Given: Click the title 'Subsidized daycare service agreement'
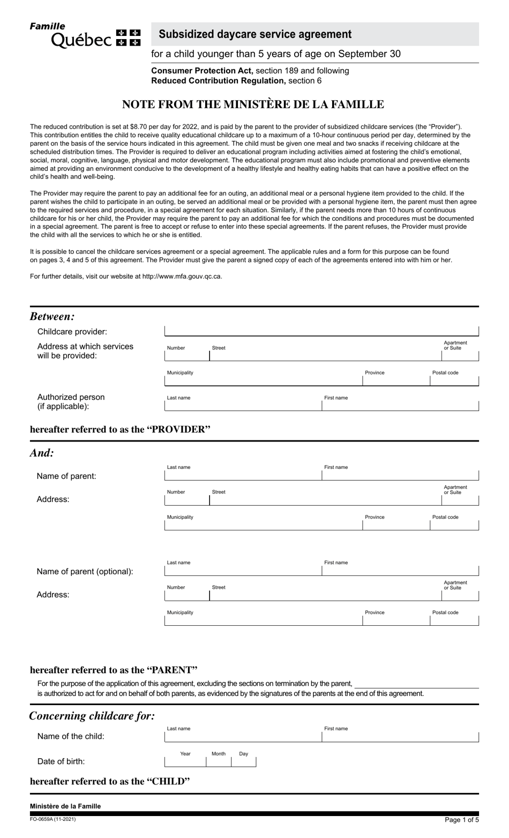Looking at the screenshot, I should [255, 34].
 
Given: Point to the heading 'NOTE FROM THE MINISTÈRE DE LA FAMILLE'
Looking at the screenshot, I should [253, 104].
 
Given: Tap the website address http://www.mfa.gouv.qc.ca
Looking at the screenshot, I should [182, 276].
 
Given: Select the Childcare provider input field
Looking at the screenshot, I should [321, 331].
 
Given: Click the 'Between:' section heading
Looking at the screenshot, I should [53, 316].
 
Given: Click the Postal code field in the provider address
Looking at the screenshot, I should [454, 380].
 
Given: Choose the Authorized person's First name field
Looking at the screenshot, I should [400, 406].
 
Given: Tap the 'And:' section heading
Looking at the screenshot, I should [42, 453].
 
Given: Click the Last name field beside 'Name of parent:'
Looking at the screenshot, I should [243, 475].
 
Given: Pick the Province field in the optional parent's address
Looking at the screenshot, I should [396, 620].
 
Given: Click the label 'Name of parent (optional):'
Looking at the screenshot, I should [85, 571].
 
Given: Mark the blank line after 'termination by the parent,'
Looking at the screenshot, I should [416, 684].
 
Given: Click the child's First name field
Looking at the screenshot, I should [400, 737].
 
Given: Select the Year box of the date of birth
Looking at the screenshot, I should [185, 761].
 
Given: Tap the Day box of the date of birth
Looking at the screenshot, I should [244, 761].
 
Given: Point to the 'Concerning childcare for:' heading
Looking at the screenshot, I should [92, 716].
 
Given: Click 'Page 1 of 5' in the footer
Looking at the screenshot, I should [461, 820].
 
